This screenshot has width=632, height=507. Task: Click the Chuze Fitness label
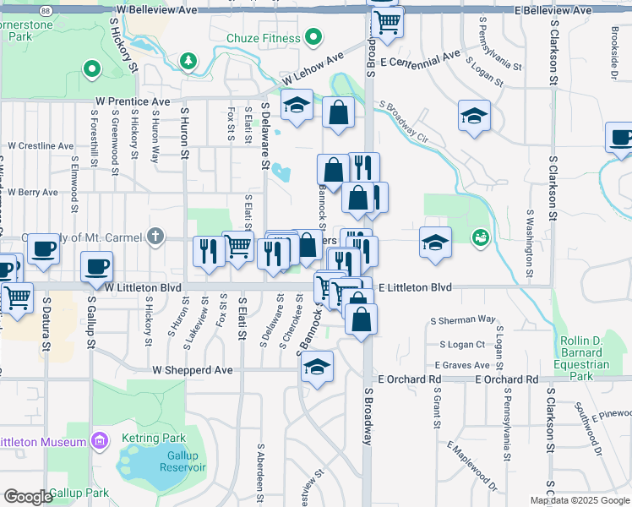264,38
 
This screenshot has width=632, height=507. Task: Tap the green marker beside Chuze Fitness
313,37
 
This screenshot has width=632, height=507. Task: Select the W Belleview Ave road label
157,9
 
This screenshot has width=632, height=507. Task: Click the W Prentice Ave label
133,101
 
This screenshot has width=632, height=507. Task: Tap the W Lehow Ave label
313,68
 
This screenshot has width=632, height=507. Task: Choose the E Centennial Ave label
420,59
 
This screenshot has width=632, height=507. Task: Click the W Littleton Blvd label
145,287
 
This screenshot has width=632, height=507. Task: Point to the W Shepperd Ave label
192,370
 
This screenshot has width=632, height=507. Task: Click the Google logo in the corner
28,497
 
